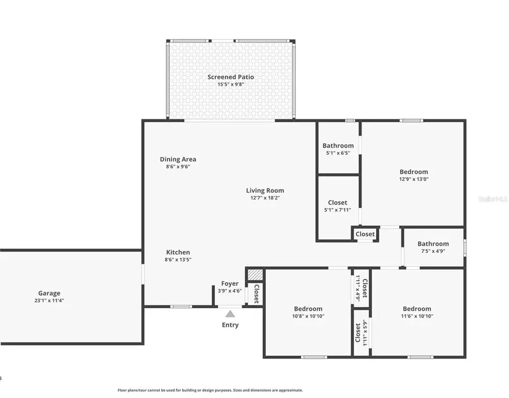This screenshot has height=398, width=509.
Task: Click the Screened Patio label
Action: point(230,77)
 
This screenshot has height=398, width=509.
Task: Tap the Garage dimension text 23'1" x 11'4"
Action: point(49,301)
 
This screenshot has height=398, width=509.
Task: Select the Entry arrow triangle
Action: point(230,314)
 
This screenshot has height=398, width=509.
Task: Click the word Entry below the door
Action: point(230,325)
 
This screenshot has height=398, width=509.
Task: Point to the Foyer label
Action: point(230,284)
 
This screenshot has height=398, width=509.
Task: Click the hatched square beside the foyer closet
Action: point(256,274)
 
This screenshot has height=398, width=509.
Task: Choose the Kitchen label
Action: point(178,252)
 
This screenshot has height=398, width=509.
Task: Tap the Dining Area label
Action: point(178,159)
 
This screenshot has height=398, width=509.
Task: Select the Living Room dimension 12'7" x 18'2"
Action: point(265,198)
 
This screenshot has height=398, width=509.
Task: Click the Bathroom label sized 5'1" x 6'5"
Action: point(338,146)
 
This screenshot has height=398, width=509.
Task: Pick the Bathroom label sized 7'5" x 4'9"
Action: point(433,244)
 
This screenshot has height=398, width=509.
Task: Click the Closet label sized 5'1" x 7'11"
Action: point(338,202)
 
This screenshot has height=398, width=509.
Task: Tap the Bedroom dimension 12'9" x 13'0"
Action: point(413,179)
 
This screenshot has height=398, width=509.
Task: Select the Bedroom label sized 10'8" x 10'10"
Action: point(308,309)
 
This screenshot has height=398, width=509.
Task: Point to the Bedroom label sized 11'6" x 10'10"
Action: point(417,309)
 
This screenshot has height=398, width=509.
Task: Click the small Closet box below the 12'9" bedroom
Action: point(365,234)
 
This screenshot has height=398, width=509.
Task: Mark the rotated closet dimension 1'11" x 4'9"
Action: point(357,287)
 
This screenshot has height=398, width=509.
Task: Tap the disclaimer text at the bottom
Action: point(210,390)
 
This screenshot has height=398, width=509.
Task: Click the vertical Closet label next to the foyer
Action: point(256,294)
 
